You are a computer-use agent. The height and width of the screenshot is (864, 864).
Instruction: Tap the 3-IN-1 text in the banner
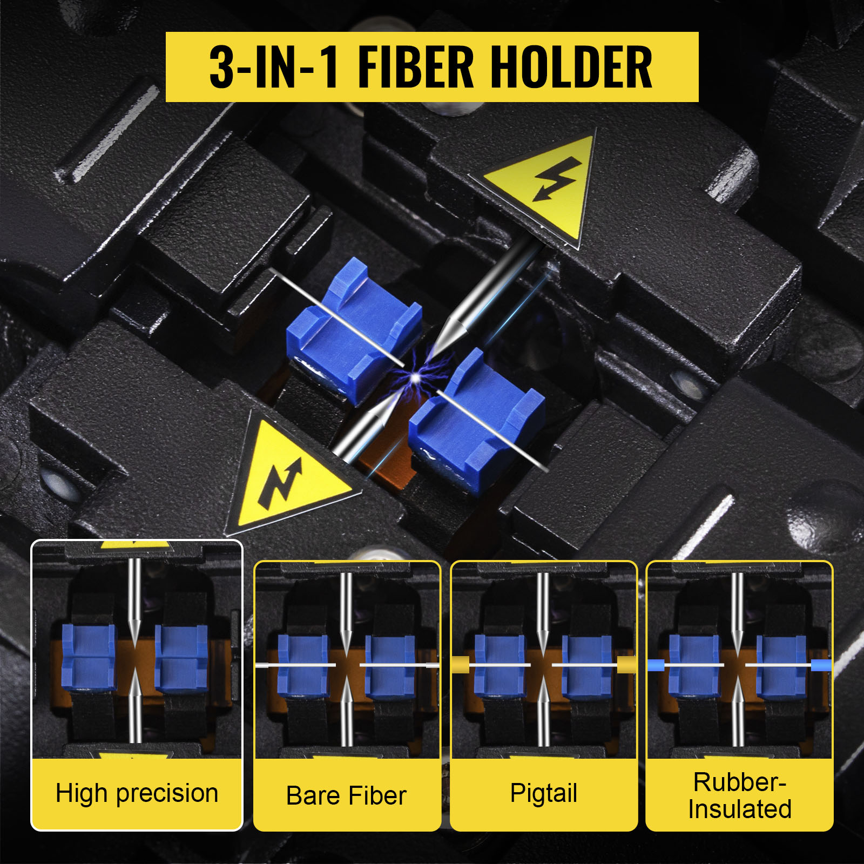[274, 67]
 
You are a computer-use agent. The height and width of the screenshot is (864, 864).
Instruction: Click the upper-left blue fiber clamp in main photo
[354, 329]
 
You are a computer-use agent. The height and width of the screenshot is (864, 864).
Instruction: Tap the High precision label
[137, 793]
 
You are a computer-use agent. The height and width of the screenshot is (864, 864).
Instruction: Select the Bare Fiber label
[346, 795]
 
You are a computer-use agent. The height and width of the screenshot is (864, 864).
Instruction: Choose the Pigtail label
[544, 793]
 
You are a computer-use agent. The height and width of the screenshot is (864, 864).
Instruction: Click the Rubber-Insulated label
[740, 795]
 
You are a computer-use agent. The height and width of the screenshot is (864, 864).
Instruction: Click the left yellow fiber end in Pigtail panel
[461, 665]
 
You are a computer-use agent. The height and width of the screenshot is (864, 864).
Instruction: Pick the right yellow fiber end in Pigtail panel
[626, 665]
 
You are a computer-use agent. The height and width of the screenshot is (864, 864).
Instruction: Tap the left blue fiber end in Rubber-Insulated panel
[656, 665]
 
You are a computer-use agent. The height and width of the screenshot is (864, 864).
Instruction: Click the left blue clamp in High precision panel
[89, 657]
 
